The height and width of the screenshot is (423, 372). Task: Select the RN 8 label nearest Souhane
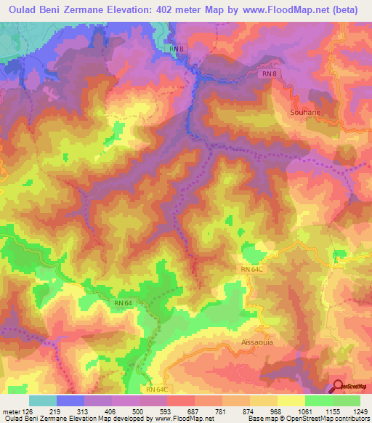pyautogui.click(x=270, y=74)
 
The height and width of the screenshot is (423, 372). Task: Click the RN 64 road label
pyautogui.click(x=123, y=303)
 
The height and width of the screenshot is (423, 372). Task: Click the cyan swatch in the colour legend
pyautogui.click(x=42, y=400)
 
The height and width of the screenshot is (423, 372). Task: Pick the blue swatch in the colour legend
pyautogui.click(x=70, y=400)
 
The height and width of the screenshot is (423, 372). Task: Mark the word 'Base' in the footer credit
pyautogui.click(x=256, y=419)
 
